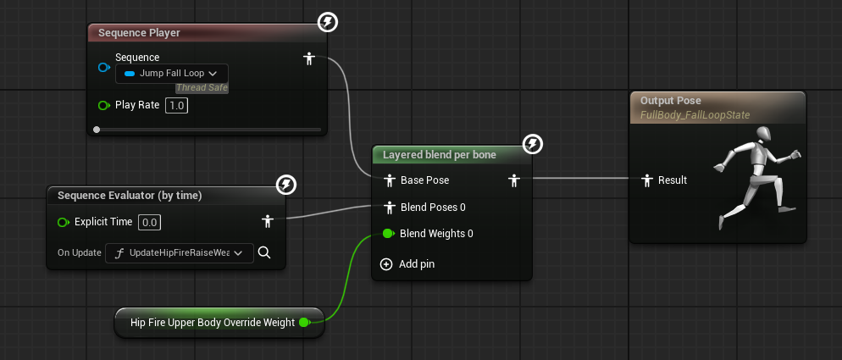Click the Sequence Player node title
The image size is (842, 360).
(139, 33)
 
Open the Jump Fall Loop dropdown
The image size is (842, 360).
(172, 74)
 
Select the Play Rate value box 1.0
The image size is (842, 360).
(176, 105)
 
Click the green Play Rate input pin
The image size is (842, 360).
(104, 105)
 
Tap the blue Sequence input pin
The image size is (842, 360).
(104, 67)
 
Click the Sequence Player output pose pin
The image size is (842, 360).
(309, 58)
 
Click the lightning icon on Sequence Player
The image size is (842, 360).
(328, 23)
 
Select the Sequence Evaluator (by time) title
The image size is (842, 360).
(130, 196)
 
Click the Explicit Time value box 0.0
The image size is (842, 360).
(149, 222)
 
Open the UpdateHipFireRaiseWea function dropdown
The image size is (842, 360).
(180, 252)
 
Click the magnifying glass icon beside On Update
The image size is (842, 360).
(263, 252)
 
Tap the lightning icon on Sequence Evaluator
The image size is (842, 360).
(286, 186)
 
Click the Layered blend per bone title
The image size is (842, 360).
(440, 155)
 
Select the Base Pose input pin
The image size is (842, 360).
(390, 180)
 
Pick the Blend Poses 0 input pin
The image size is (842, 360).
(390, 207)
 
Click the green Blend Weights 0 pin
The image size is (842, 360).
(388, 233)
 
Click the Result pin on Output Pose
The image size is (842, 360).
(647, 180)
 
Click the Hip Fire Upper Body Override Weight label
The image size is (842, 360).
(213, 323)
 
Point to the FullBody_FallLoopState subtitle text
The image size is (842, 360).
(695, 115)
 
